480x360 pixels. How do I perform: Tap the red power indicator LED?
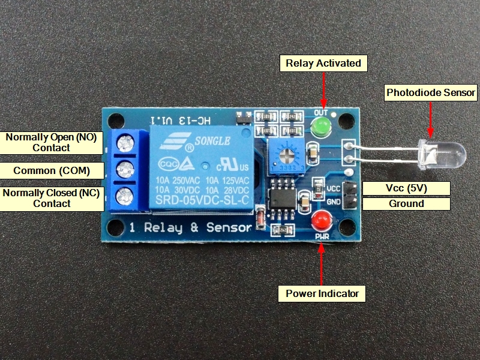[322, 221]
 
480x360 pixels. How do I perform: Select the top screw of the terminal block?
[125, 143]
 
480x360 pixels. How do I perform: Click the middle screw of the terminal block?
[125, 169]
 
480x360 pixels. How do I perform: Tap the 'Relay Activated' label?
[323, 63]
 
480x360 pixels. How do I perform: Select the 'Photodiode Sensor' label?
[431, 92]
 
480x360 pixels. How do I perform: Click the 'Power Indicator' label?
[322, 293]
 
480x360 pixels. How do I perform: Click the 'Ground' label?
[406, 203]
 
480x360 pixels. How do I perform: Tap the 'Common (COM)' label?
[52, 170]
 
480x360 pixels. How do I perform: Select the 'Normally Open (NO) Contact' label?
[52, 142]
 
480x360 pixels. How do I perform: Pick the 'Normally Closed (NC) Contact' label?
[52, 198]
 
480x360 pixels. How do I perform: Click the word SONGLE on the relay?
[211, 140]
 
